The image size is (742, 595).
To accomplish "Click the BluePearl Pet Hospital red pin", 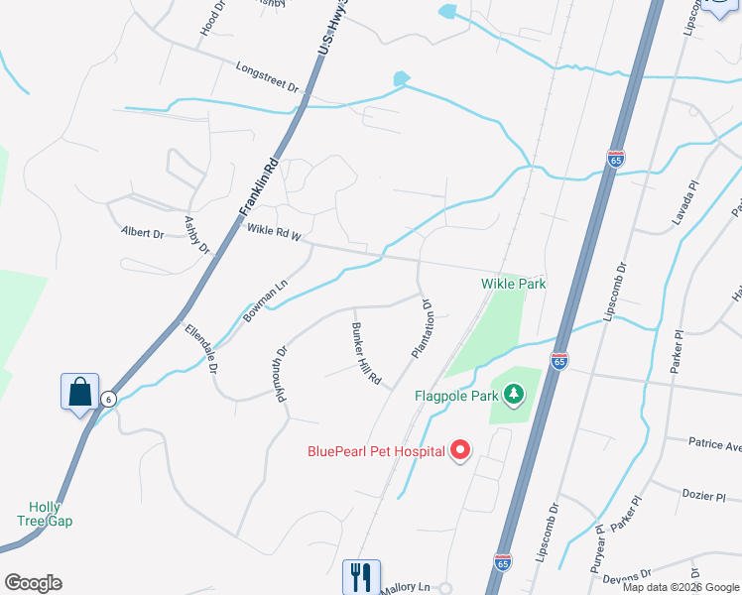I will (459, 451).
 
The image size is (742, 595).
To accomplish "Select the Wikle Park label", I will (513, 284).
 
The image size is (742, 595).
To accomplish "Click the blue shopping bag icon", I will (79, 392).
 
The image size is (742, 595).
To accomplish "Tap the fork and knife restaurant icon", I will (361, 576).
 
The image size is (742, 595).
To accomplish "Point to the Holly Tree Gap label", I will (45, 514).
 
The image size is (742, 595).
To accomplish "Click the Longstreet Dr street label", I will (267, 76).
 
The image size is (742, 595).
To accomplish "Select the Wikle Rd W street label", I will (273, 233).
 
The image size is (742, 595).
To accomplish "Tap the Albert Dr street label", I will (142, 233).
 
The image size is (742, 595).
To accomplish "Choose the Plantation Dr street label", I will (422, 328).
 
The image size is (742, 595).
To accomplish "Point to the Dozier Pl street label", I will (705, 494).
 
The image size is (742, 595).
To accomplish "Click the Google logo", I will (33, 583).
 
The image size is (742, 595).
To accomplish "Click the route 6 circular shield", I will (108, 398).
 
